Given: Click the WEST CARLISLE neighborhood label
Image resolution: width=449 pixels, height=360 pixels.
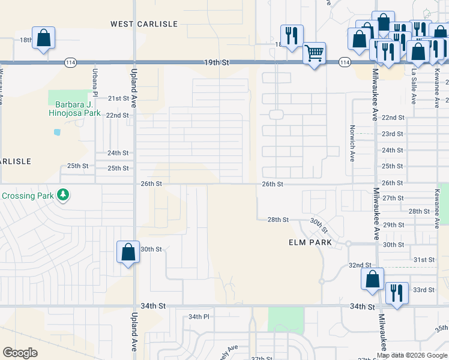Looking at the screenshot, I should coord(144,24).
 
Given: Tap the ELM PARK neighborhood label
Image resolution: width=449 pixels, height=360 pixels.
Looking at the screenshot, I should coord(301,243).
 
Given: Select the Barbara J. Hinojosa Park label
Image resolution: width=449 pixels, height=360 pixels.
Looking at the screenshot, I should coord(74,107).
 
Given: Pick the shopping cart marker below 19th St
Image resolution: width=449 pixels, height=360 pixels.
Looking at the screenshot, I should coord(315,54).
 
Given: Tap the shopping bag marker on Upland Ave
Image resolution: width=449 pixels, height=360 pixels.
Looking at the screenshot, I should coord(128,252).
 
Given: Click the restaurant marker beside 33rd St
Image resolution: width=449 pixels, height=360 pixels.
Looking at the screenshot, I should coord(396,293).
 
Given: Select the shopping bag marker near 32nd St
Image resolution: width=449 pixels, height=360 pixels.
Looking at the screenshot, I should coord(372,279).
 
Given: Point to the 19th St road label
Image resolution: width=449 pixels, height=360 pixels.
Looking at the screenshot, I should coord(217,62).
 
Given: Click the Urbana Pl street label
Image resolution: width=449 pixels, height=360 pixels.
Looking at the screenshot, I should coord(95,82).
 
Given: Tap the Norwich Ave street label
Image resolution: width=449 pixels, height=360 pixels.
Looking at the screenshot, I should coord(352,143).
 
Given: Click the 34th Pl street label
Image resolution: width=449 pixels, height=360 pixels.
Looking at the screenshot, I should coord(198,316).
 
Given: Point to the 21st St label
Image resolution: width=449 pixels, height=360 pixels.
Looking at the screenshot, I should coord(118,98).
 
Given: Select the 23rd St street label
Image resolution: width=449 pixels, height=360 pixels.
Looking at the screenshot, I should coord(393,134).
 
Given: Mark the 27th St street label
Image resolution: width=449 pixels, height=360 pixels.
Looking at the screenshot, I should coord(393,198).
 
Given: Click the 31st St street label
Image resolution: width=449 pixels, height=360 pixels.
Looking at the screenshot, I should coord(424,259).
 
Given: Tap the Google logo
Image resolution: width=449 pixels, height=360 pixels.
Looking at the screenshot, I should coord(20,353).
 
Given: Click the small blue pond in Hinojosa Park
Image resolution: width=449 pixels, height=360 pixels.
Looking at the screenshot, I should coord(57,132).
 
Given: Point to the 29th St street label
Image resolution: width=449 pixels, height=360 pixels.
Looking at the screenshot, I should coord(393,224).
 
